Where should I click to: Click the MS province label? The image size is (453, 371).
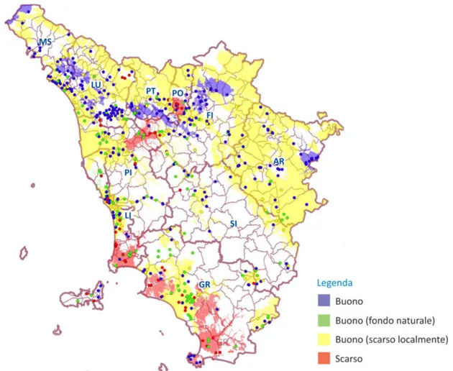click(45, 44)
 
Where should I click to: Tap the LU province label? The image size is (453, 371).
click(96, 85)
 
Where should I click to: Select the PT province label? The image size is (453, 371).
click(151, 91)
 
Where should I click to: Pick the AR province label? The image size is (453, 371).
click(278, 162)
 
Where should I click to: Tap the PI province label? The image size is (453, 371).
click(128, 173)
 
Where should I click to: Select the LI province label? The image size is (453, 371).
click(128, 215)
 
